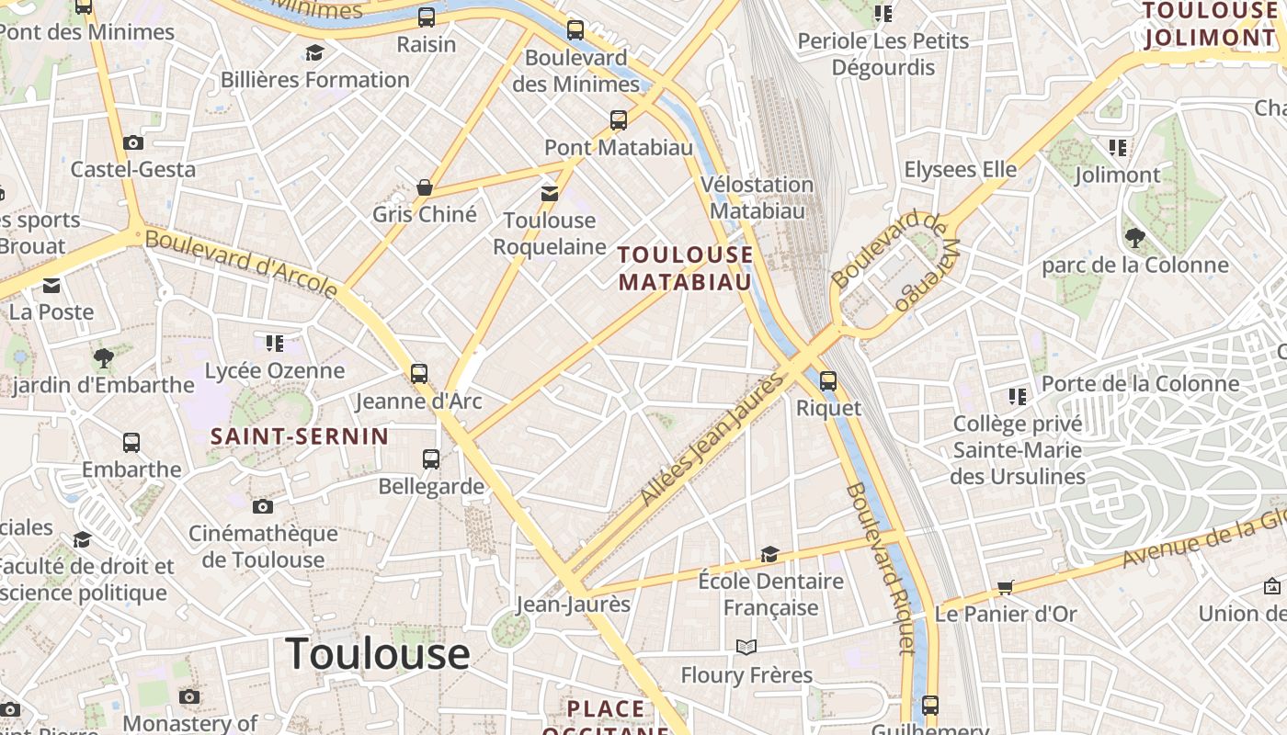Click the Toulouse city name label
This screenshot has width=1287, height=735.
click(x=378, y=654)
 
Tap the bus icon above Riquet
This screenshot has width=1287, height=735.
click(x=828, y=380)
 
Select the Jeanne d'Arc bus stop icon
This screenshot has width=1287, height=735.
click(x=419, y=373)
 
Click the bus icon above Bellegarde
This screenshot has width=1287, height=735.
click(x=431, y=458)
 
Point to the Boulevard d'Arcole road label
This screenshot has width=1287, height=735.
click(x=242, y=264)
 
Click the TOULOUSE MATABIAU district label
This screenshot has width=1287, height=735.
click(x=685, y=268)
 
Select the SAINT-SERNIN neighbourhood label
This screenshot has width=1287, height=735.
click(x=300, y=436)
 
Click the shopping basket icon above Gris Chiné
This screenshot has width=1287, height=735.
click(x=425, y=187)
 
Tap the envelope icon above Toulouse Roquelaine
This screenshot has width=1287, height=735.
click(x=550, y=193)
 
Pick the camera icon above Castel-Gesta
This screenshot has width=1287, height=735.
click(x=133, y=142)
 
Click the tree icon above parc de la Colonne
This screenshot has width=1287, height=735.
click(x=1135, y=238)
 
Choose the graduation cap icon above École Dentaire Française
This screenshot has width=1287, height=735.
click(x=769, y=554)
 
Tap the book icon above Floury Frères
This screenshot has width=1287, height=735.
click(x=746, y=648)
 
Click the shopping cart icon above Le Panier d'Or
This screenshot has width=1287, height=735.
click(x=1006, y=587)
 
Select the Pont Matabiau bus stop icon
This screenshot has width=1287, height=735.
click(x=619, y=119)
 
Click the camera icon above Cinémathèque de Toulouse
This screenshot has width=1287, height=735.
click(x=263, y=506)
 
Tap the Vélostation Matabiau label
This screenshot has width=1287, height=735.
click(x=757, y=198)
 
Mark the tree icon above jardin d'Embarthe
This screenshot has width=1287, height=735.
click(x=103, y=357)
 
